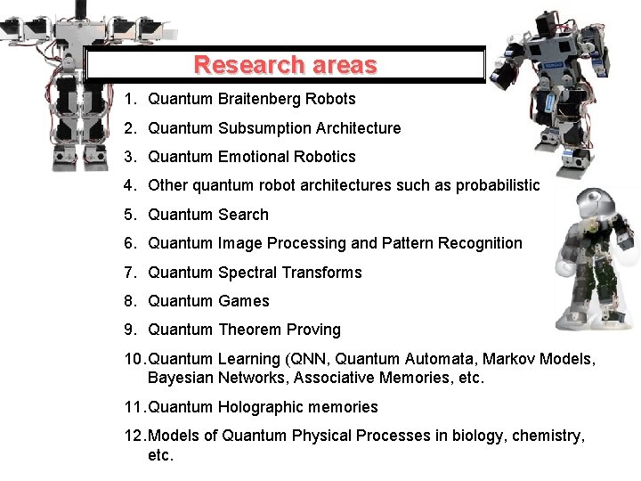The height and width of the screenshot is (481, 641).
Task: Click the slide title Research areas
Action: (x=285, y=65)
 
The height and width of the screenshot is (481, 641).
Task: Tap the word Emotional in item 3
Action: (x=252, y=157)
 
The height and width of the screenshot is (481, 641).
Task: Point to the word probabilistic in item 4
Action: (x=498, y=185)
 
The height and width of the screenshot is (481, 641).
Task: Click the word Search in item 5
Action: (x=243, y=215)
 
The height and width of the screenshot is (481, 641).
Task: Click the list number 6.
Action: (x=130, y=243)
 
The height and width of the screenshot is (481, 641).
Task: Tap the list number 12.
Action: (x=134, y=436)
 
